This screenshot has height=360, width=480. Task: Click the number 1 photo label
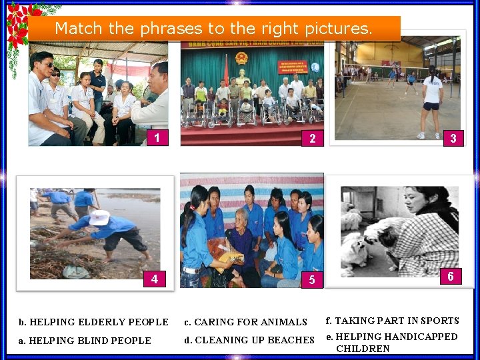(x=157, y=138)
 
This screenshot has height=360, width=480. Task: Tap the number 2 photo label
(x=312, y=139)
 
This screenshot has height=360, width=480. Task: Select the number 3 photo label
(x=453, y=138)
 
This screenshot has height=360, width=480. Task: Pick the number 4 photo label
(x=155, y=279)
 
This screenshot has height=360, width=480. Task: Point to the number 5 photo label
(x=311, y=280)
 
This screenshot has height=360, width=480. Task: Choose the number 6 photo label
(x=451, y=276)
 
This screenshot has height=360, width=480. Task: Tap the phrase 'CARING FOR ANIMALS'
(x=245, y=323)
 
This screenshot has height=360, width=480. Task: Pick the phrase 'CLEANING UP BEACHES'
(x=249, y=341)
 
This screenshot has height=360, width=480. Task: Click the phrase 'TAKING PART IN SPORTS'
(x=392, y=321)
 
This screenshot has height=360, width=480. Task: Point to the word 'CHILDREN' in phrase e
(x=363, y=349)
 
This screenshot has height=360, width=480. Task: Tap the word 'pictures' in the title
(x=338, y=29)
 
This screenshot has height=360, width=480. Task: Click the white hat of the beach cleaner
(x=99, y=217)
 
